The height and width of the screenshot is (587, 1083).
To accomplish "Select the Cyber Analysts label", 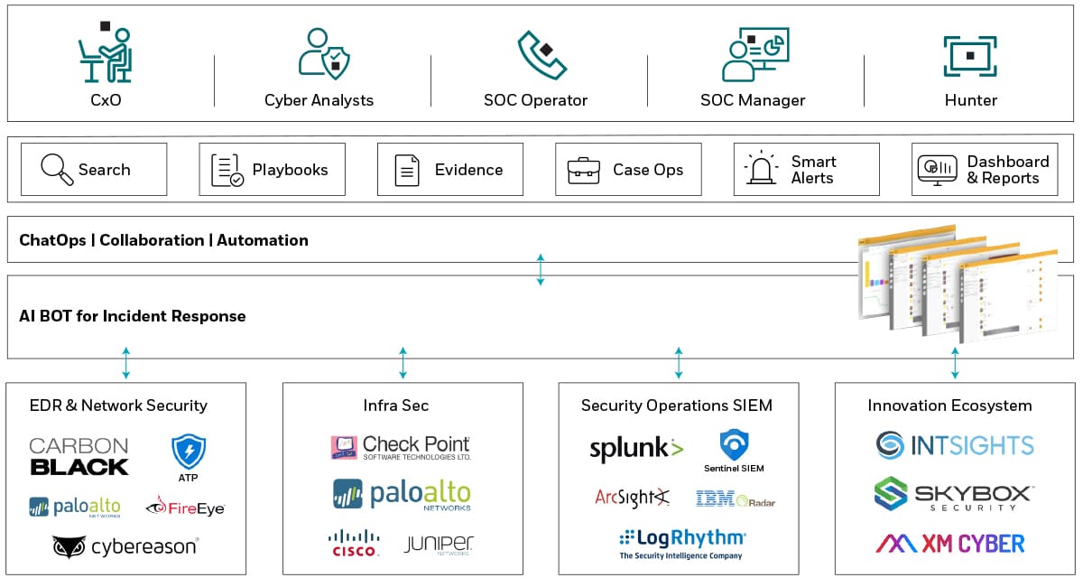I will [x=319, y=100].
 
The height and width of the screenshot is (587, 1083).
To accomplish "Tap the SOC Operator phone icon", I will [x=541, y=54].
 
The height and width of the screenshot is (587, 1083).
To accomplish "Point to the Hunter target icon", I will [x=970, y=55].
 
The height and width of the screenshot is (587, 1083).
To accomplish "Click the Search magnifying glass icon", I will [x=58, y=169].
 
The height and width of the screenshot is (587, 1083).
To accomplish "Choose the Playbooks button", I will [x=272, y=169].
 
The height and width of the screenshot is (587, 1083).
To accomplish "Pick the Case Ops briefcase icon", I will [x=583, y=170].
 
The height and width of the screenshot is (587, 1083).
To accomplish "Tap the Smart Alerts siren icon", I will [x=761, y=169].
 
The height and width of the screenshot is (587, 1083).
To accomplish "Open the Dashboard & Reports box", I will [x=985, y=170].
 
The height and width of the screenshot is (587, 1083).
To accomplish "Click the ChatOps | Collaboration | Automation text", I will [x=163, y=240].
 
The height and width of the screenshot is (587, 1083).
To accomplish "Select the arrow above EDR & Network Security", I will [x=126, y=362].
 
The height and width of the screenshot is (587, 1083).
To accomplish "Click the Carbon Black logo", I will [x=79, y=457].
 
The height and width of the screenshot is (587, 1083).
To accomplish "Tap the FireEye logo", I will [x=185, y=508].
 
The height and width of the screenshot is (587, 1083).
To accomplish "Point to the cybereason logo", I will [x=125, y=546].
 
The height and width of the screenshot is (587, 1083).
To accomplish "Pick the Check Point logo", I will [x=401, y=448].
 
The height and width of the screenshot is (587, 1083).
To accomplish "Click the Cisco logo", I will [x=354, y=544].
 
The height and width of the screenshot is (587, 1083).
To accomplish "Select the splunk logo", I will [x=636, y=449].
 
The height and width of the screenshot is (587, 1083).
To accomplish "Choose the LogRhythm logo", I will [x=682, y=543].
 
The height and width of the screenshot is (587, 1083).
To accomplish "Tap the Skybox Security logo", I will [x=954, y=495].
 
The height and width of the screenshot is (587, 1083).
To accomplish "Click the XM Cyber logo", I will [x=950, y=543].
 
